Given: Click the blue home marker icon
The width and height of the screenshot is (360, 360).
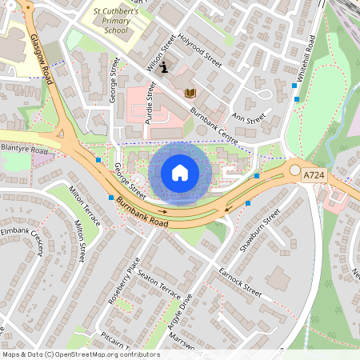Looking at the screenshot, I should (180, 172).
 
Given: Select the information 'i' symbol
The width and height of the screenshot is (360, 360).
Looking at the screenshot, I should (164, 67).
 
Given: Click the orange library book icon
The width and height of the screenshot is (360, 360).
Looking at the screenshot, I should (190, 94).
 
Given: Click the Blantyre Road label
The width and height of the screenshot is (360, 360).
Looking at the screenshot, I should (25, 149).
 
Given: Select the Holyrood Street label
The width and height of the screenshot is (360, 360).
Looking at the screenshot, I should (199, 48).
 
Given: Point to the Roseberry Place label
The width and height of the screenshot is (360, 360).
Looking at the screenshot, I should (127, 276).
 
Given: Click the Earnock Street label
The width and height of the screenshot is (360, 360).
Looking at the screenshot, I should (239, 280).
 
